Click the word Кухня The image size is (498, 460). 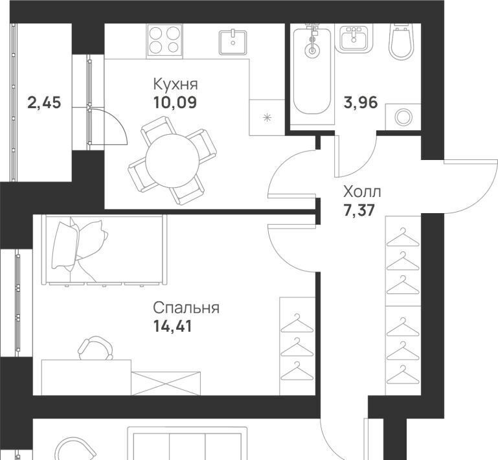pos(175,84)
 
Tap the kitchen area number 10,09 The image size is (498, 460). pos(175,102)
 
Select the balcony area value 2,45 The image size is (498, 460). pos(44,102)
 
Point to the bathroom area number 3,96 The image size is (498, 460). pos(361,102)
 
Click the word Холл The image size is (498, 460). pos(362,192)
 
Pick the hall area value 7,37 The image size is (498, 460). pos(359,210)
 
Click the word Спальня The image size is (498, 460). pos(186,308)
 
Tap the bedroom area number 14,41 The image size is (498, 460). pos(173,326)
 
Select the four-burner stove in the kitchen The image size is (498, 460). pos(164,41)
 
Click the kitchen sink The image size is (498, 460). pos(232,42)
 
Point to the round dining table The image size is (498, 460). pos(172,161)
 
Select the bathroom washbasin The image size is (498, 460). pos(354,39)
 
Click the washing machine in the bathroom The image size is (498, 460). pos(403,117)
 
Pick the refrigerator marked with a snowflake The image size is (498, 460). pos(267,117)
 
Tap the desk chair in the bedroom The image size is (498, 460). pos(96,348)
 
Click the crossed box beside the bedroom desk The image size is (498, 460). pos(166,384)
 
